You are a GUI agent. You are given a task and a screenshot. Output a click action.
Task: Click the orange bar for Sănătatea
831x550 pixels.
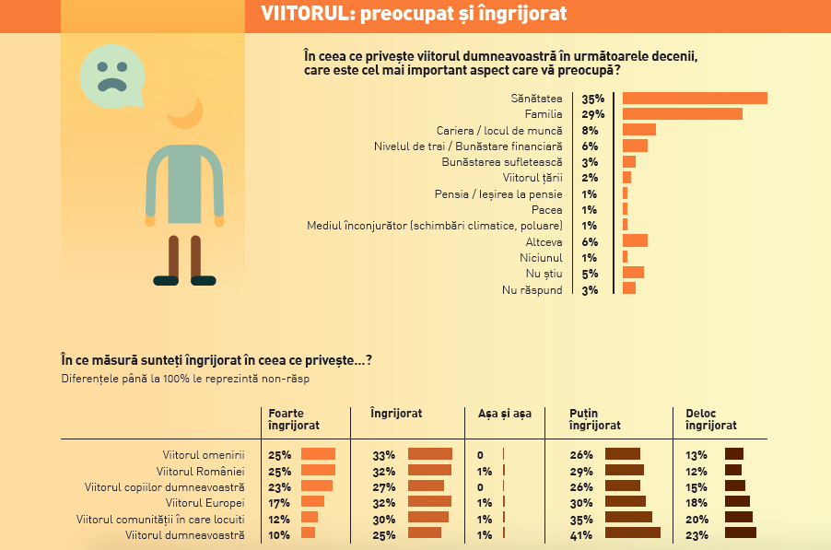tap(695, 99)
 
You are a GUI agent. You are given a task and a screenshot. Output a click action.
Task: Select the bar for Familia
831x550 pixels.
tap(682, 114)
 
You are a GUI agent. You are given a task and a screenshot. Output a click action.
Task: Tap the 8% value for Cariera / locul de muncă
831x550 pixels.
tap(591, 130)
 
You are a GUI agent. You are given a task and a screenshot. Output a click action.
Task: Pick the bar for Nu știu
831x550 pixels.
tap(633, 273)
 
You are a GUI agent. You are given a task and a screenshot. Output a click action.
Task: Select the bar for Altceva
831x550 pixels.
tap(635, 241)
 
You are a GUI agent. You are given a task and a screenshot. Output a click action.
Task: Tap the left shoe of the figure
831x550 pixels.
tap(167, 280)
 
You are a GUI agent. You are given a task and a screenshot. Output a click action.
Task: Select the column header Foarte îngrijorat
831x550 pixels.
tap(293, 420)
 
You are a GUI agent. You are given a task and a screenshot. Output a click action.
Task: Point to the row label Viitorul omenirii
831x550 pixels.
tap(204, 454)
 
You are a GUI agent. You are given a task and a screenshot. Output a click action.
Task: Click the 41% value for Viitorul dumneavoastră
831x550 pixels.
tap(580, 533)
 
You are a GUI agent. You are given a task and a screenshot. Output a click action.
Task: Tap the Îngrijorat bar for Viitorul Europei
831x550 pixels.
tap(429, 502)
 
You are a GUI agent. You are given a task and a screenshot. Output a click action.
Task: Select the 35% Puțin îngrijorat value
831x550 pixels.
tap(580, 518)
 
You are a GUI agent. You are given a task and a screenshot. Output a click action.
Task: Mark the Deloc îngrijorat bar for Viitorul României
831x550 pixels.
tap(732, 470)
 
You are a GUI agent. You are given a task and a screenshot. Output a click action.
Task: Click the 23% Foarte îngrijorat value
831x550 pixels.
tap(278, 486)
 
